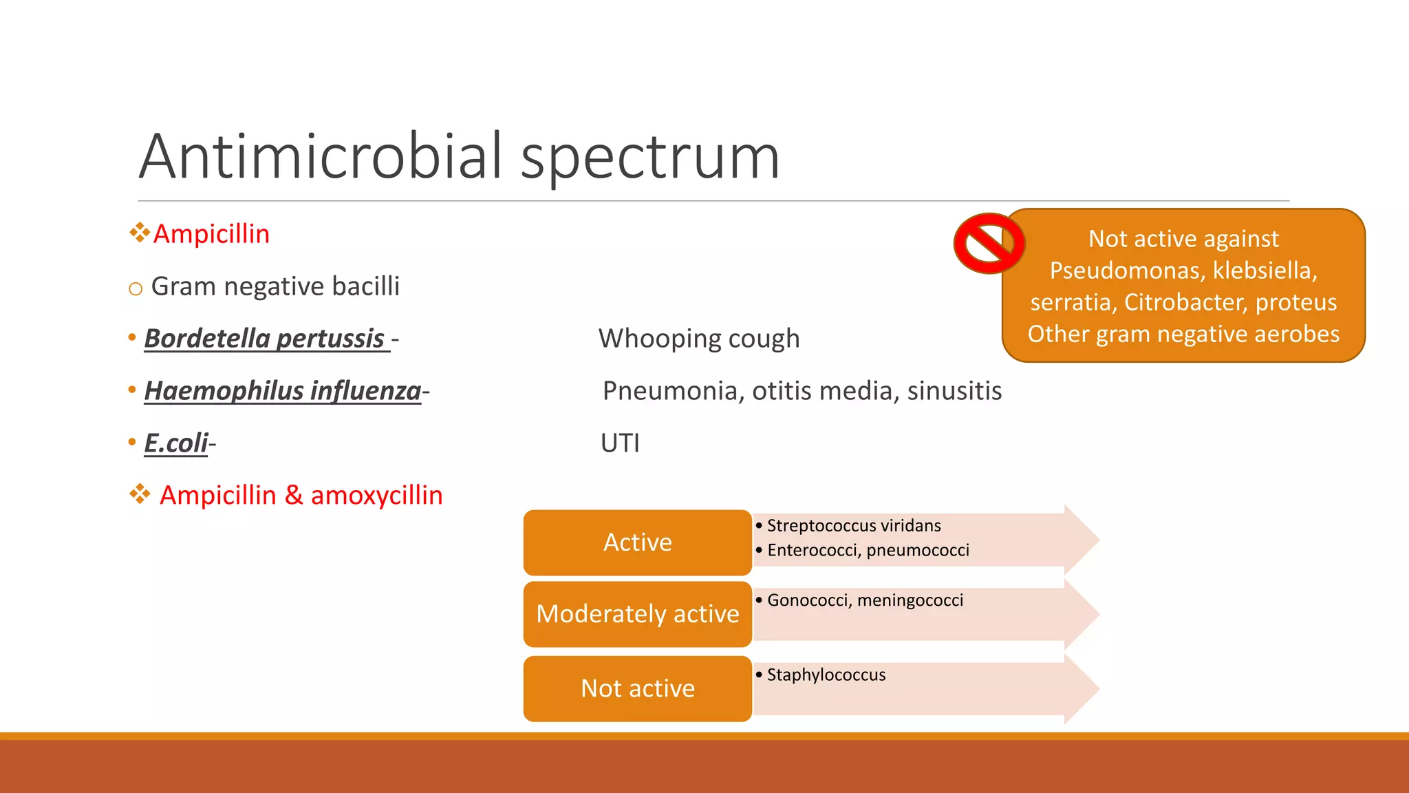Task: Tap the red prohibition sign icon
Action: pyautogui.click(x=989, y=244)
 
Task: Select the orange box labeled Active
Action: pyautogui.click(x=637, y=542)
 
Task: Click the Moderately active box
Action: pyautogui.click(x=637, y=614)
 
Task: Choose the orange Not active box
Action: pyautogui.click(x=637, y=688)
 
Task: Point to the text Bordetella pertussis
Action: pyautogui.click(x=265, y=339)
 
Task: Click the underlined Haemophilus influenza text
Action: pyautogui.click(x=282, y=391)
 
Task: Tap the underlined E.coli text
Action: pyautogui.click(x=176, y=443)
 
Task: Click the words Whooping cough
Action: pyautogui.click(x=698, y=339)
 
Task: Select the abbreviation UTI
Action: pyautogui.click(x=620, y=443)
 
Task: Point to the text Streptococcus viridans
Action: pyautogui.click(x=853, y=526)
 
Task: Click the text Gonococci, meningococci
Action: pyautogui.click(x=864, y=600)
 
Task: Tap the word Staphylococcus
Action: pyautogui.click(x=826, y=675)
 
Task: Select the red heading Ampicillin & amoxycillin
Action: pyautogui.click(x=301, y=496)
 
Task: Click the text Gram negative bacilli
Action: pyautogui.click(x=275, y=286)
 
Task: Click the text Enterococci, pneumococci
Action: pyautogui.click(x=868, y=551)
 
